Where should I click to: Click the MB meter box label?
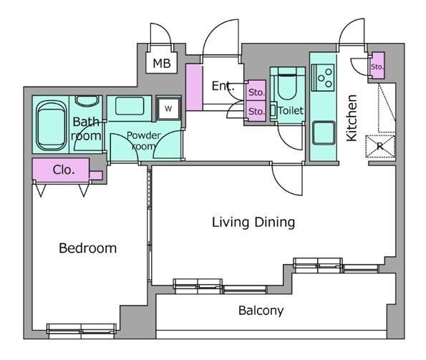pos(162,63)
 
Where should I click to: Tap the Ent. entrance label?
pos(223,86)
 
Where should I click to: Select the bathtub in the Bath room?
pos(51,126)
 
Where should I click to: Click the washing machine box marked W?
pos(168,109)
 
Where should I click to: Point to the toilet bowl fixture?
pos(286,84)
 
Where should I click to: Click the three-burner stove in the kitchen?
pos(323,77)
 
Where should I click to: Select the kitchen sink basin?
pos(324,133)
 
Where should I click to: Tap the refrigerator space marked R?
pos(380,146)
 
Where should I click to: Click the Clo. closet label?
pos(64,170)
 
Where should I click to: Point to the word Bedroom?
pos(88,248)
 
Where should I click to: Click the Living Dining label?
pos(253,222)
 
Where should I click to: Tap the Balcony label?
pos(261,311)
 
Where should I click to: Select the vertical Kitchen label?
pos(352,118)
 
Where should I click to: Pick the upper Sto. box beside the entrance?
pos(256,90)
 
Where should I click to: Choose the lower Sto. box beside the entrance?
pos(256,111)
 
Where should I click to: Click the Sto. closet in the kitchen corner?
pos(377,65)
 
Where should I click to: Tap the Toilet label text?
pos(291,111)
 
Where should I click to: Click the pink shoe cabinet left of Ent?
pos(194,87)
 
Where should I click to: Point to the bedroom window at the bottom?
pos(82,329)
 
